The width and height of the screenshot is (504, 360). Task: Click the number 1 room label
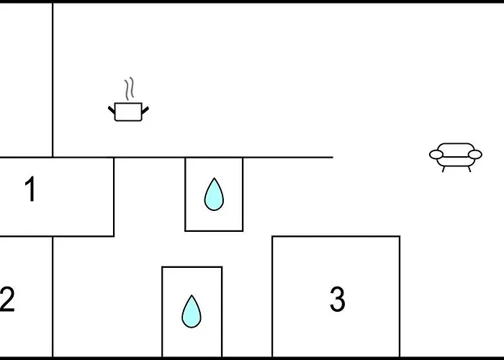(30, 189)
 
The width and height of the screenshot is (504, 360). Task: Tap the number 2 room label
(7, 300)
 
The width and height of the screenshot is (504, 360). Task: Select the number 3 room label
(338, 300)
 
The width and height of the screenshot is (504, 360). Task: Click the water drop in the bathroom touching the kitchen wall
(214, 194)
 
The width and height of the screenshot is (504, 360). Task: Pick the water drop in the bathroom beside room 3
(192, 312)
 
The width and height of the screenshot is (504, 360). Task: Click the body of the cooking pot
(128, 112)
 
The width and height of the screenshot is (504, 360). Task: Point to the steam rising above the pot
(129, 89)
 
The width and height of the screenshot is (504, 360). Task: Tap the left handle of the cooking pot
(111, 110)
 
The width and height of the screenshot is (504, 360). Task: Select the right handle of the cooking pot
(145, 110)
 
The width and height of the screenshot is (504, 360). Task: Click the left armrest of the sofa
(436, 155)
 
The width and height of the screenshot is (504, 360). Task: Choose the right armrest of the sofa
(475, 155)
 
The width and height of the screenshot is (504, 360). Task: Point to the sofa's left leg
(444, 169)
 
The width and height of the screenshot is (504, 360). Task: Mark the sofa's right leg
(469, 169)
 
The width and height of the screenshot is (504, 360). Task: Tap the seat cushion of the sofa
(456, 161)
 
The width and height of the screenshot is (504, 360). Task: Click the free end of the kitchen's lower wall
(333, 157)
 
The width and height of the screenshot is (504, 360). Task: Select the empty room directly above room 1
(26, 81)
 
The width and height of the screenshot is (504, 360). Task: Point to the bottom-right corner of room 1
(114, 236)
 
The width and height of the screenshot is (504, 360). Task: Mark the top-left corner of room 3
(272, 236)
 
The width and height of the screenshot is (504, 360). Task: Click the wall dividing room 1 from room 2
(57, 236)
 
